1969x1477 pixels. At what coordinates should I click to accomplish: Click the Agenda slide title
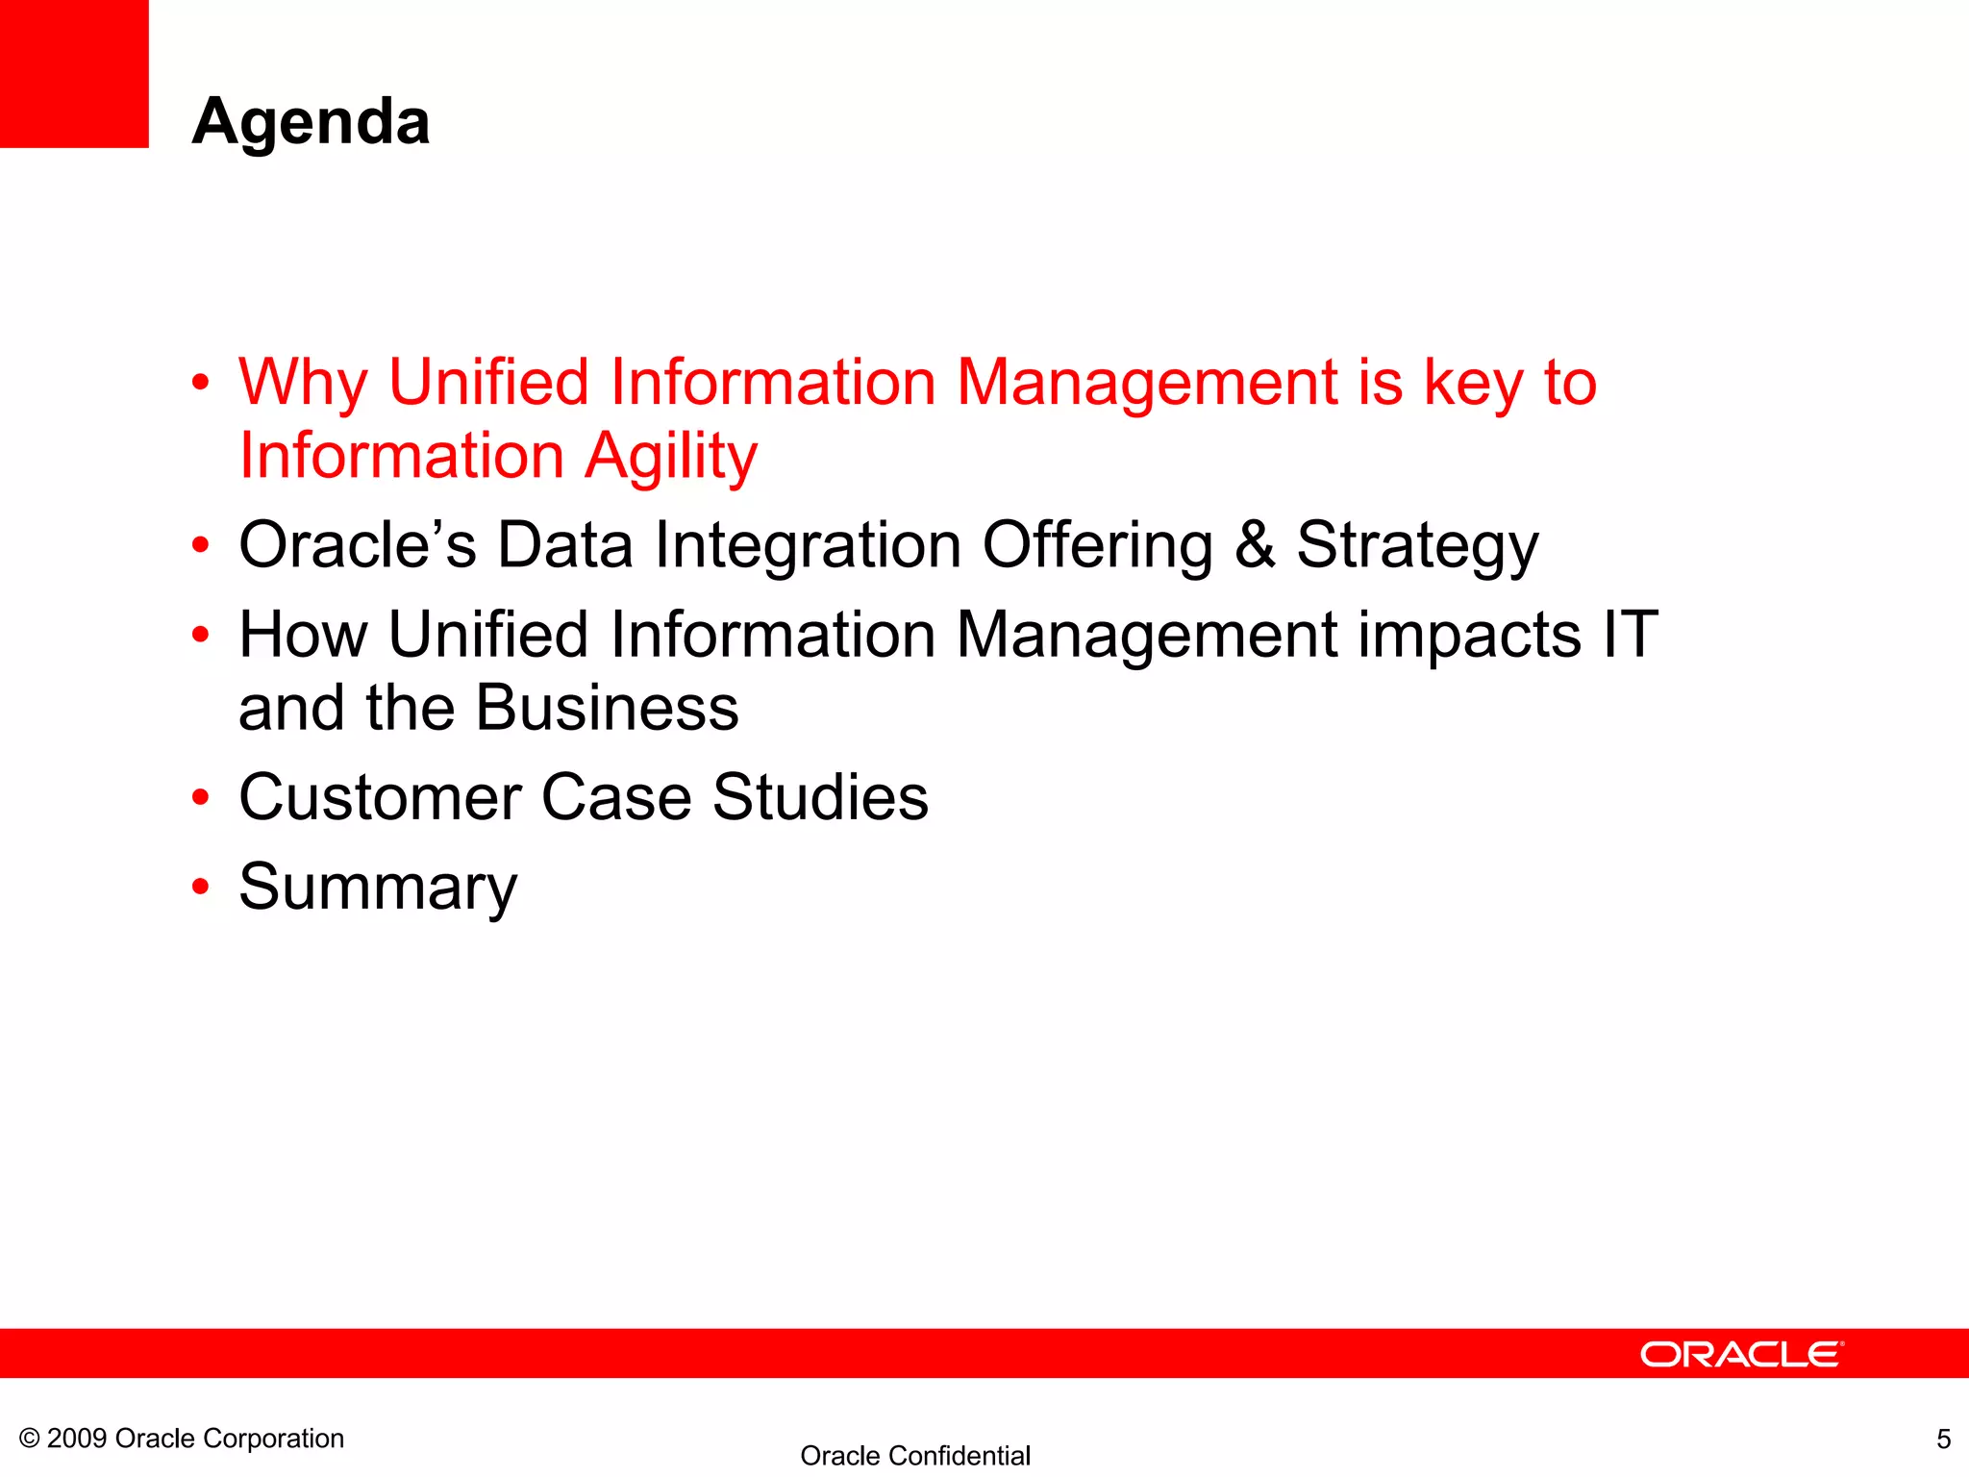pos(311,122)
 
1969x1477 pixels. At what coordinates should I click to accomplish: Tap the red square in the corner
pos(74,73)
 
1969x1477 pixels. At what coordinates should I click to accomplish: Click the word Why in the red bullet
pos(302,383)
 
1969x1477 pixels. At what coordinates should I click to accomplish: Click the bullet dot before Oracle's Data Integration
pos(200,546)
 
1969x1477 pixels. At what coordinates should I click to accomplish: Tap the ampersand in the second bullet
pos(1255,545)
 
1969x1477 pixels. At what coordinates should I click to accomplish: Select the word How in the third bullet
pos(303,635)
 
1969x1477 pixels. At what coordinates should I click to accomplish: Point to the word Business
pos(607,709)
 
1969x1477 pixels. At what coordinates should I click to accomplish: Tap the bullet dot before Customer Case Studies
pos(200,798)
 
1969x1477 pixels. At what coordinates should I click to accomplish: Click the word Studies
pos(820,797)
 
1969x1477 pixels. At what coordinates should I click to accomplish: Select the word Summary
pos(378,888)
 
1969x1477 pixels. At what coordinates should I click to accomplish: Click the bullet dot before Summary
pos(200,888)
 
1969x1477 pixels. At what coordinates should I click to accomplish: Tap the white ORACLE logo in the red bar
pos(1741,1354)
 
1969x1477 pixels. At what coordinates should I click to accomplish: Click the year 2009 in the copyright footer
pos(76,1439)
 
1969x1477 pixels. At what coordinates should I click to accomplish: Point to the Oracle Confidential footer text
pos(914,1456)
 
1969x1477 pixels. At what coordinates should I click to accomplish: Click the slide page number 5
pos(1943,1439)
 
